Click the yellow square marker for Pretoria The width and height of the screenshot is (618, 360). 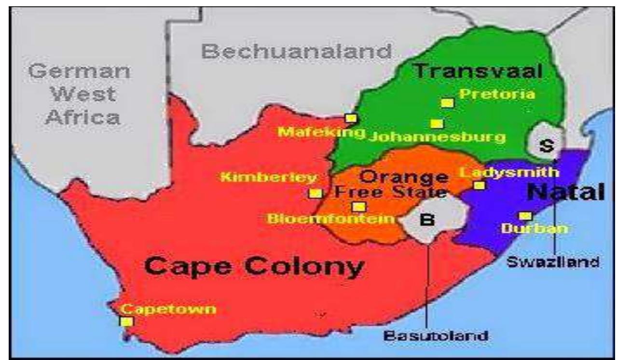447,103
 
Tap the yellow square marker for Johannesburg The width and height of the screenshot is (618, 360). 437,124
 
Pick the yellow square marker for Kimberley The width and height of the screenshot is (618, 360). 316,193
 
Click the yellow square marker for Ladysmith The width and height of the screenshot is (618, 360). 479,185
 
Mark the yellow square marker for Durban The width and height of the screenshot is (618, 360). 525,216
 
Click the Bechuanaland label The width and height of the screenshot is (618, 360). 296,51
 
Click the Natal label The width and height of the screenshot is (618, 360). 565,193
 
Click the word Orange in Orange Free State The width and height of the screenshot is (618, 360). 403,177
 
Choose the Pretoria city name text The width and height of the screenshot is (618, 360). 497,94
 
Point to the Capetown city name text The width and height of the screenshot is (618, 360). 168,309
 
